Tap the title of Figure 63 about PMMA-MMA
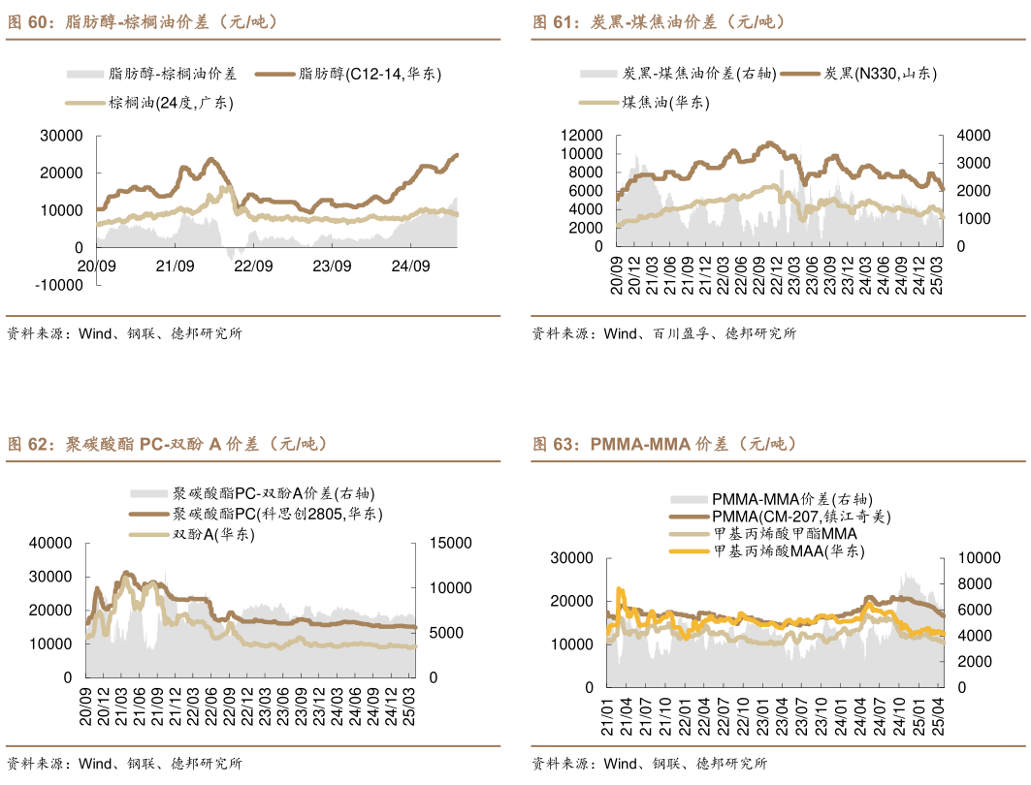coord(663,444)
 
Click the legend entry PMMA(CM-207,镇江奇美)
coord(801,517)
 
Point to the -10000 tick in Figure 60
coord(58,285)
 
